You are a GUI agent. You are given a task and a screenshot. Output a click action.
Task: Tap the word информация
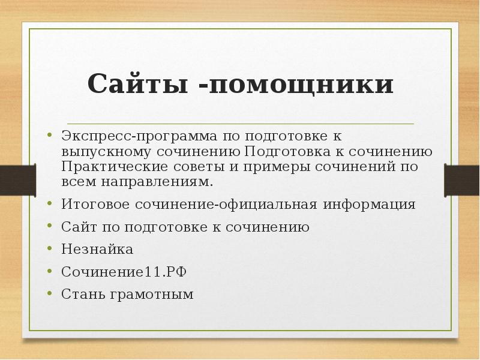tap(369, 204)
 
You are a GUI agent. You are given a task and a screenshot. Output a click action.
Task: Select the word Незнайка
tap(97, 249)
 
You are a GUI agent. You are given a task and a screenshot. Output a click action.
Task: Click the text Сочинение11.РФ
tap(124, 272)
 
